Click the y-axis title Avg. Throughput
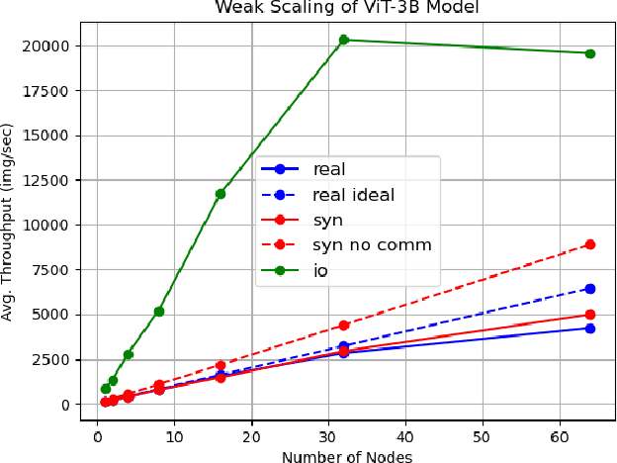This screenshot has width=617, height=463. point(9,221)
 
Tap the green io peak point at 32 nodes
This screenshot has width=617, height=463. point(344,40)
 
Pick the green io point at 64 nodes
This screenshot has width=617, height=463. point(590,53)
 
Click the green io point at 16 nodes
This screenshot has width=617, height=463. point(220,194)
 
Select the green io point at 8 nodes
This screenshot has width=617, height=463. point(159,312)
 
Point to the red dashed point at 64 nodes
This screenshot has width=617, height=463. point(590,244)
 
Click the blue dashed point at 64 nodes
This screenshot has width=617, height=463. point(590,289)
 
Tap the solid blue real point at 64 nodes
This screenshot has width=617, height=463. point(590,328)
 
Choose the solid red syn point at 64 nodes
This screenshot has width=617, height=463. point(590,315)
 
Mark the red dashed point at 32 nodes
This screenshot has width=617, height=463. point(344,325)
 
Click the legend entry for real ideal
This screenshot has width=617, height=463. point(353,195)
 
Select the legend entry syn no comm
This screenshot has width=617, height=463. point(372,244)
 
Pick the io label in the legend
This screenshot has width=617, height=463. point(321,269)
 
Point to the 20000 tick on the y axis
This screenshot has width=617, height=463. point(47,46)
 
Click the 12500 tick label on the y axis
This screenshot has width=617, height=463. point(47,180)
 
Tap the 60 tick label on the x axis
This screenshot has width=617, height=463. point(560,436)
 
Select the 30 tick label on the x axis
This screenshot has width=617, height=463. point(328,436)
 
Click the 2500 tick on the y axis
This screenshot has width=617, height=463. point(51,360)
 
